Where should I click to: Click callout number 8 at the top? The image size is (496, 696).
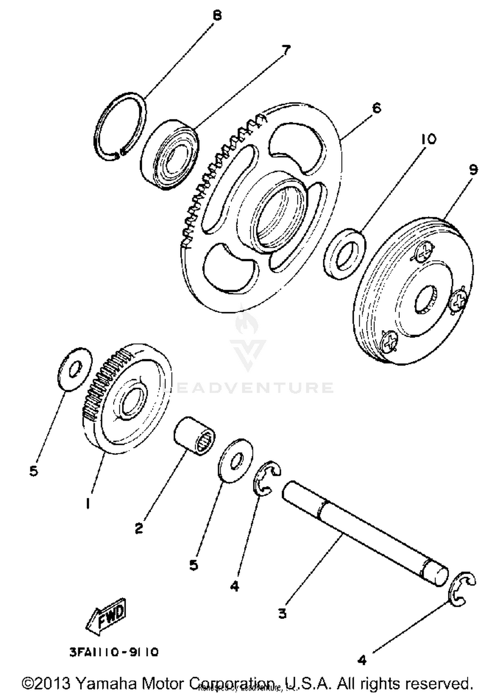[x=217, y=16]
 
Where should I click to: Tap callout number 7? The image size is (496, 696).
[x=285, y=50]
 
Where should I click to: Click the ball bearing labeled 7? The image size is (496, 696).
[x=170, y=155]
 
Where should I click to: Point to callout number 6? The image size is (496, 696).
[x=376, y=108]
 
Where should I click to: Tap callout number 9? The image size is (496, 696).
[x=473, y=170]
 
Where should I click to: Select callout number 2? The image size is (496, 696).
[x=139, y=528]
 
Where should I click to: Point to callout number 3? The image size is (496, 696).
[x=282, y=613]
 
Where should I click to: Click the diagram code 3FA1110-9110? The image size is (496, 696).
[x=114, y=652]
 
